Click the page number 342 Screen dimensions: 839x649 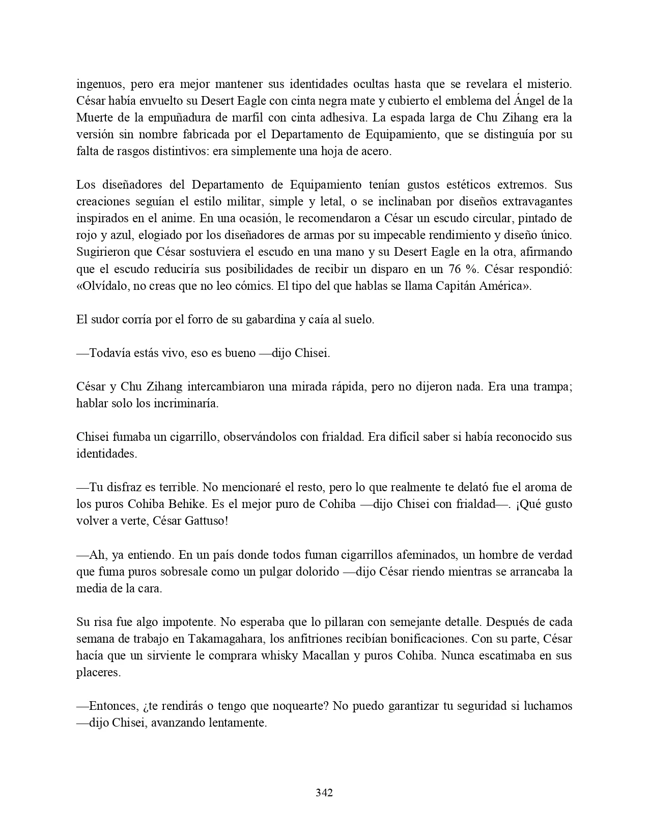[x=324, y=792]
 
